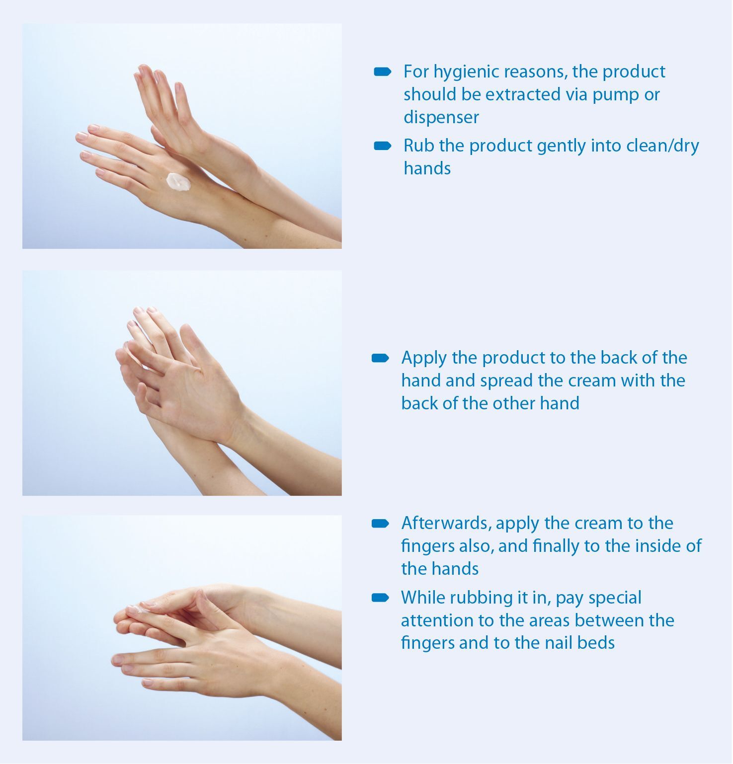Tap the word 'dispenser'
tap(441, 118)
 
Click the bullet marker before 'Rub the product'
tap(382, 146)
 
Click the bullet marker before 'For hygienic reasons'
tap(382, 72)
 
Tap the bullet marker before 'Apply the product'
tap(380, 358)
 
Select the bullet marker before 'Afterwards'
tap(380, 524)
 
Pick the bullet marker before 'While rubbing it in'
tap(380, 598)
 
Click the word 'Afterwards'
tap(446, 523)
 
